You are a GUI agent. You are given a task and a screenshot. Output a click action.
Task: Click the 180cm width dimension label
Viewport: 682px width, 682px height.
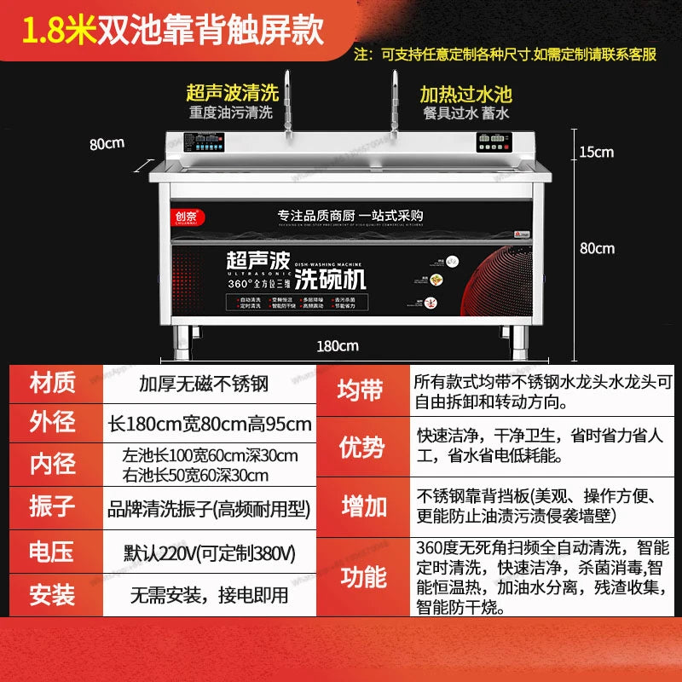(338, 345)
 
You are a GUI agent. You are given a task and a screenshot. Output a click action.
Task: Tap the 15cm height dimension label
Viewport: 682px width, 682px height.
(597, 153)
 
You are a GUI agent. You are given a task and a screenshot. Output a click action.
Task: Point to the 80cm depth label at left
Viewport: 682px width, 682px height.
(107, 144)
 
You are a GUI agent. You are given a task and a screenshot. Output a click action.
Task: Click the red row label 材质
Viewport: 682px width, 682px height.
(52, 383)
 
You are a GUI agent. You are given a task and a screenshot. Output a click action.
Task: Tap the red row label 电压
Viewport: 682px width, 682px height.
(52, 552)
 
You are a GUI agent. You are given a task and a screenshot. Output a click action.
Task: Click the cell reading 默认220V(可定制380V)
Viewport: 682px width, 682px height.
(210, 553)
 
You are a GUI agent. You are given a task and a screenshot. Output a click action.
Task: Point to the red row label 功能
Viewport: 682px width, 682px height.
(363, 577)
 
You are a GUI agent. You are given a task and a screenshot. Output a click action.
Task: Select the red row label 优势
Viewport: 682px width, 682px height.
(363, 446)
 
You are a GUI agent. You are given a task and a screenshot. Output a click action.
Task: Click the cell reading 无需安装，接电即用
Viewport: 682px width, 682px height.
(210, 594)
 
